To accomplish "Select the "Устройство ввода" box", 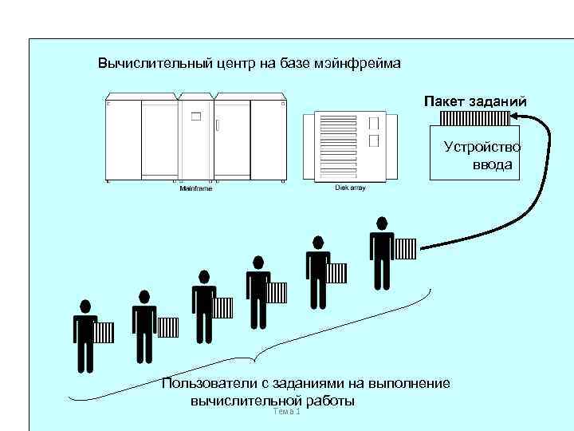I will (x=474, y=154).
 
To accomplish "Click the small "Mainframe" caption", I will (x=196, y=188).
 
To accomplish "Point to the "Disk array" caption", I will (x=350, y=187).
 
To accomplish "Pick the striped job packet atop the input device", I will (x=474, y=119).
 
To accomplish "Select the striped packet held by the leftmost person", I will (x=104, y=332).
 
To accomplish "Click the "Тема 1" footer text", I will (x=285, y=411).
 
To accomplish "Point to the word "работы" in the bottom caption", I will (x=328, y=400).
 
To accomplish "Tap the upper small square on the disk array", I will (x=374, y=124).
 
